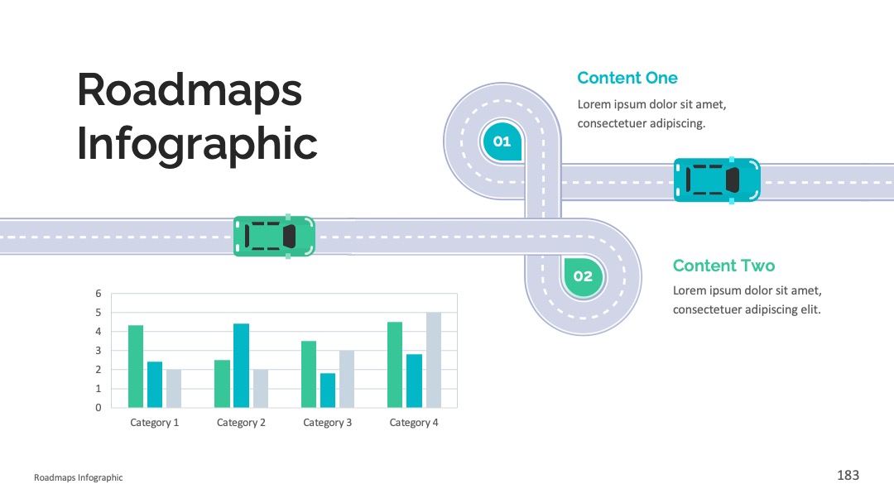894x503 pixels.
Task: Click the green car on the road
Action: click(x=274, y=237)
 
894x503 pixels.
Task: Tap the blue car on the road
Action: click(x=717, y=180)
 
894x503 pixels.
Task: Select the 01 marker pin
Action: click(x=502, y=141)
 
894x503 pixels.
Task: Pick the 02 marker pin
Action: click(x=583, y=277)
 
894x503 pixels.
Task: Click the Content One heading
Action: click(x=627, y=78)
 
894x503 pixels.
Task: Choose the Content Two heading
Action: click(x=723, y=266)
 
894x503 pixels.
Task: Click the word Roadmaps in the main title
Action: click(x=190, y=91)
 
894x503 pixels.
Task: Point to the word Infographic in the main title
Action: click(x=197, y=144)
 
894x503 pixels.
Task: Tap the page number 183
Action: click(x=848, y=475)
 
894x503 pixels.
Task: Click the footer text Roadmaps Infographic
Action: click(x=78, y=477)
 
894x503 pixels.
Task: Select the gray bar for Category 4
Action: click(x=433, y=360)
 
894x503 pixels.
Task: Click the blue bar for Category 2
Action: click(x=241, y=366)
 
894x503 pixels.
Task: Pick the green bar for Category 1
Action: click(x=136, y=366)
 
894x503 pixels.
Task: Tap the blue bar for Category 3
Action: click(x=328, y=390)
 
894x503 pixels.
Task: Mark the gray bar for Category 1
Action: click(x=174, y=389)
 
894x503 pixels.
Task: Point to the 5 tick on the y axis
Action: click(x=98, y=313)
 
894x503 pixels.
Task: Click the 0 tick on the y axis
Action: click(x=98, y=408)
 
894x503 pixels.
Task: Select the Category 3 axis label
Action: click(x=327, y=423)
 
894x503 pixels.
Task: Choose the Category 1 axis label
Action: click(x=155, y=423)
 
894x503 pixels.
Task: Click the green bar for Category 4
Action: click(x=395, y=365)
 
